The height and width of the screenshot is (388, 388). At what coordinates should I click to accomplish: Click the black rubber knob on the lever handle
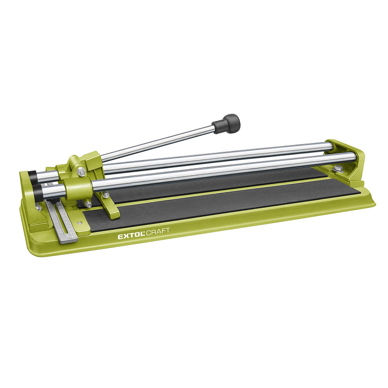click(226, 124)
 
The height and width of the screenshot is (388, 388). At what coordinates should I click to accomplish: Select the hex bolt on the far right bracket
click(338, 168)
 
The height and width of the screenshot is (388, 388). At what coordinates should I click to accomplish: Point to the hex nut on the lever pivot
click(81, 172)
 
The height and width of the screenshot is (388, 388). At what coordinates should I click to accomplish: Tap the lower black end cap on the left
click(37, 191)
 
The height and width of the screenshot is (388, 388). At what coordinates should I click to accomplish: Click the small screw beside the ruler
click(79, 223)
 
